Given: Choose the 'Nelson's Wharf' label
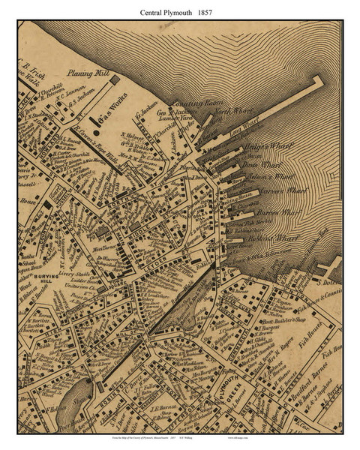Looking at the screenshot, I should (x=273, y=178).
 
